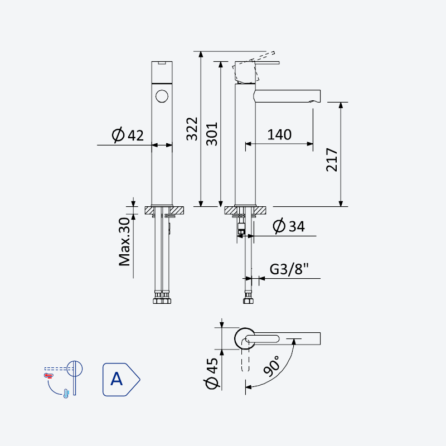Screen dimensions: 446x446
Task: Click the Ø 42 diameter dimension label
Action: [x=128, y=135]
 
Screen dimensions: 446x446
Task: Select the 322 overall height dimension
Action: [x=192, y=129]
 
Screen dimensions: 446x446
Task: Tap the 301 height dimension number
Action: [x=212, y=134]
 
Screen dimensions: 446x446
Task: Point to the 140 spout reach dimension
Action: [x=279, y=134]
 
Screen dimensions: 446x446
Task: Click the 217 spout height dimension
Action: [x=332, y=159]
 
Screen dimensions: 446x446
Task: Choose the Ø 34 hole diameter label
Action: [x=289, y=226]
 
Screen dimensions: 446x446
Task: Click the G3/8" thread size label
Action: [x=289, y=269]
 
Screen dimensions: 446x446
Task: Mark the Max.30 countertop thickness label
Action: [x=124, y=242]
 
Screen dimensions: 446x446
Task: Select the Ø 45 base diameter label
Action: [x=212, y=373]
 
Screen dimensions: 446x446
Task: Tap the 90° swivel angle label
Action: [x=272, y=366]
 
